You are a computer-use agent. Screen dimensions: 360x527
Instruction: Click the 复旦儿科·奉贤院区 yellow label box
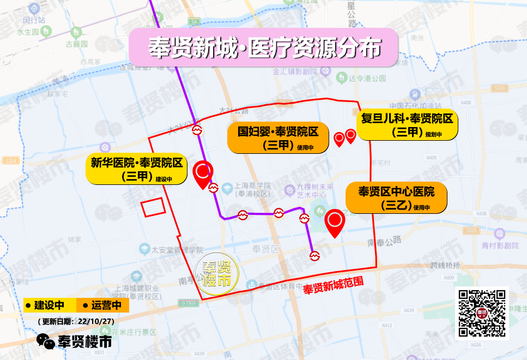[407, 124]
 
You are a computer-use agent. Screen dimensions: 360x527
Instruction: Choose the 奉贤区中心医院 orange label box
[396, 197]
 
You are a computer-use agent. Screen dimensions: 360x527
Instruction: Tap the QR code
[482, 313]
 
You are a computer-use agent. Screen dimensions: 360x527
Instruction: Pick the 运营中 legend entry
[102, 304]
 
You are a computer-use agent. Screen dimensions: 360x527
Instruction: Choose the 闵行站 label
[34, 20]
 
